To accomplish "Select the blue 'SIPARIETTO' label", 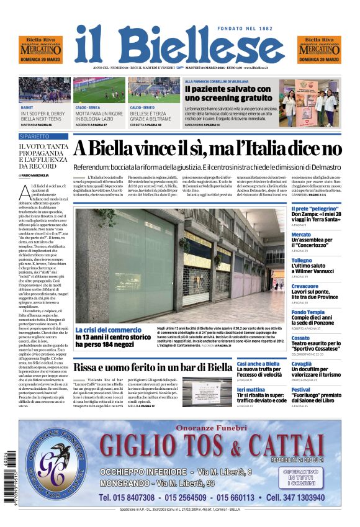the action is [x=35, y=136].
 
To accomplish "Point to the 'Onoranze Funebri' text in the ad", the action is [x=211, y=427].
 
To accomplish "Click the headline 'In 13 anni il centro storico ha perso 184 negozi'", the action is [x=113, y=340].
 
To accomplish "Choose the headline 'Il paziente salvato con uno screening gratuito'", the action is [x=228, y=94].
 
